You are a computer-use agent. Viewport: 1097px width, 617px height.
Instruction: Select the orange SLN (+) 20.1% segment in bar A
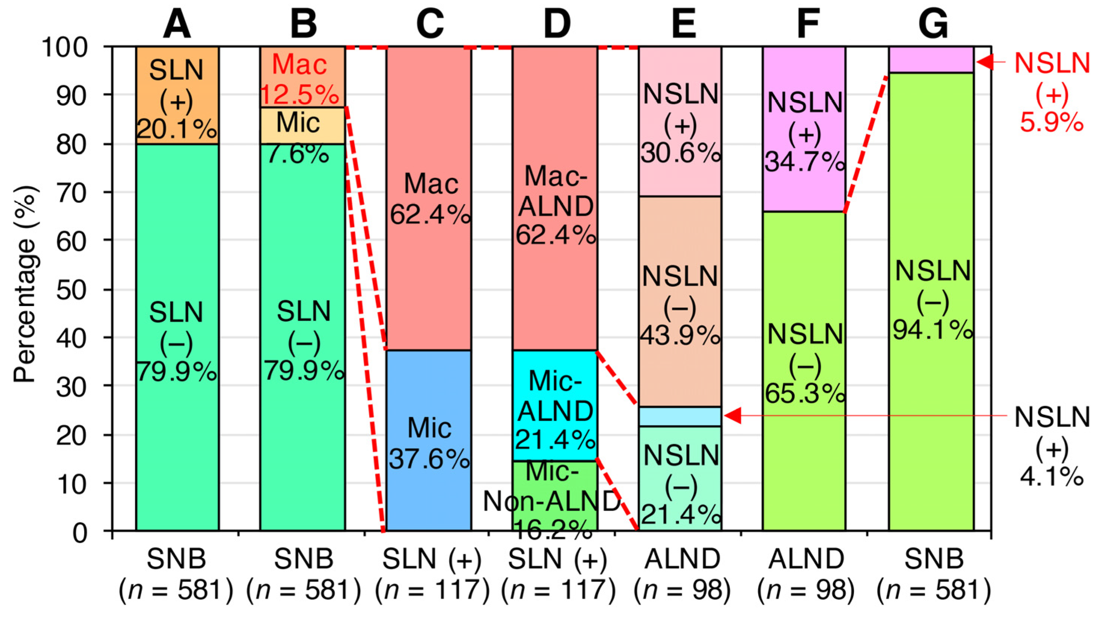pyautogui.click(x=177, y=95)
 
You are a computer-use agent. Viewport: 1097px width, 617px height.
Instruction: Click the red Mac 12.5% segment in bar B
pyautogui.click(x=302, y=77)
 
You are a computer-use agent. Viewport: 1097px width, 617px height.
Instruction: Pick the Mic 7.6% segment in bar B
pyautogui.click(x=302, y=126)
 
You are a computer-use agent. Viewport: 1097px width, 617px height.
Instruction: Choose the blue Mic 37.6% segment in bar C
pyautogui.click(x=429, y=440)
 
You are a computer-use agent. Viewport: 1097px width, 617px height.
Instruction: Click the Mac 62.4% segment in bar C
pyautogui.click(x=429, y=198)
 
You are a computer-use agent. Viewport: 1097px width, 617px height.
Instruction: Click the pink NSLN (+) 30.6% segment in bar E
pyautogui.click(x=680, y=121)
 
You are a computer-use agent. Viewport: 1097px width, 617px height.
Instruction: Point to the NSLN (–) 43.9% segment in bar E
pyautogui.click(x=680, y=301)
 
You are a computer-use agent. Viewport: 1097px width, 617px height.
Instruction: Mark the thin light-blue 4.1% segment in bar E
pyautogui.click(x=680, y=417)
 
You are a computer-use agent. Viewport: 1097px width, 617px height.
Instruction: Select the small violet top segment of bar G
pyautogui.click(x=931, y=59)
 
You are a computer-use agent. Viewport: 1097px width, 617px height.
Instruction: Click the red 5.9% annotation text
pyautogui.click(x=1051, y=123)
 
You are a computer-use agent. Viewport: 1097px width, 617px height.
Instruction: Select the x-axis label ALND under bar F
pyautogui.click(x=806, y=559)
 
